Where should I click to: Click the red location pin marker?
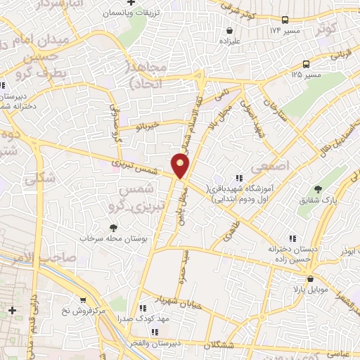click(181, 165)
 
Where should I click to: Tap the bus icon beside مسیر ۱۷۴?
click(284, 20)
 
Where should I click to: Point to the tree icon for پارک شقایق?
click(318, 189)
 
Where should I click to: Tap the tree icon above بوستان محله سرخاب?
click(112, 227)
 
